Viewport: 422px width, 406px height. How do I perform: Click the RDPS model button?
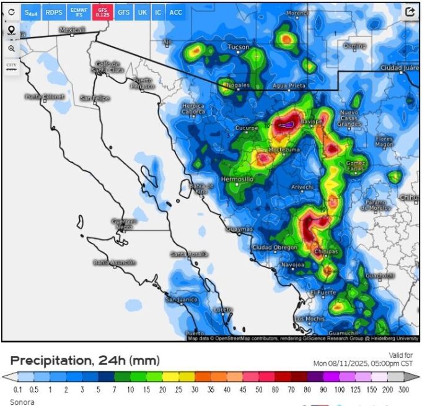[54, 12]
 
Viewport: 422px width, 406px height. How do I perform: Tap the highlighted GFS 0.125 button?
[103, 12]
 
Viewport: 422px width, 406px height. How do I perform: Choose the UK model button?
[143, 12]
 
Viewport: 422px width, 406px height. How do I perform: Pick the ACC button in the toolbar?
[176, 12]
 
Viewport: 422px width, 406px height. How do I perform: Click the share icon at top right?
[410, 11]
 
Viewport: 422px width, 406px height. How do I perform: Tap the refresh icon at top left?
[11, 12]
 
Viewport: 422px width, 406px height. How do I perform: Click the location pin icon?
[11, 30]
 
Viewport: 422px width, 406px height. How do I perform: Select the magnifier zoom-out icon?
[11, 48]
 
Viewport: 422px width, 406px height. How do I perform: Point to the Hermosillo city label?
[237, 179]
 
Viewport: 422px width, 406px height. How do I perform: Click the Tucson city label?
[239, 47]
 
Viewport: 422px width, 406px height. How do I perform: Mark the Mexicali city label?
[72, 30]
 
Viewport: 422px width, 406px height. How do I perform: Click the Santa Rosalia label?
[189, 254]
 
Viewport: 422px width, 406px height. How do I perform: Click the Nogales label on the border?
[239, 84]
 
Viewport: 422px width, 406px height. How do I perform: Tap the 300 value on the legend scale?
[403, 389]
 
